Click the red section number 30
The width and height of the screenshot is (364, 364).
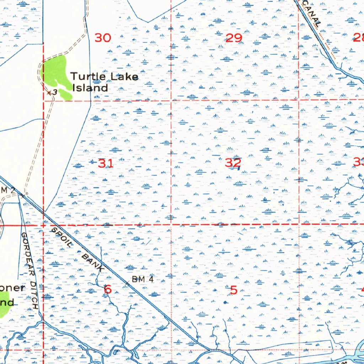pyautogui.click(x=103, y=38)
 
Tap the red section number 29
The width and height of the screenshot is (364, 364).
pyautogui.click(x=234, y=38)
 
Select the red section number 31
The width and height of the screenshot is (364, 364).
pyautogui.click(x=106, y=164)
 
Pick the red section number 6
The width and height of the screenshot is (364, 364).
pyautogui.click(x=108, y=289)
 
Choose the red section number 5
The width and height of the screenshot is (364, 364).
pyautogui.click(x=234, y=290)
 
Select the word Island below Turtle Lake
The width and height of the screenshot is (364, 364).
pyautogui.click(x=90, y=88)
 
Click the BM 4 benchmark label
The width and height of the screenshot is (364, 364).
pyautogui.click(x=143, y=279)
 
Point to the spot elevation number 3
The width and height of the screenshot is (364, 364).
pyautogui.click(x=54, y=92)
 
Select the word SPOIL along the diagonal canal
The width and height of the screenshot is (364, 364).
pyautogui.click(x=61, y=237)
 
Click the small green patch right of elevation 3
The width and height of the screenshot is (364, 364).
pyautogui.click(x=65, y=94)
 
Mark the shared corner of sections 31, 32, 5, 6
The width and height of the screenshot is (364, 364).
pyautogui.click(x=171, y=225)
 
